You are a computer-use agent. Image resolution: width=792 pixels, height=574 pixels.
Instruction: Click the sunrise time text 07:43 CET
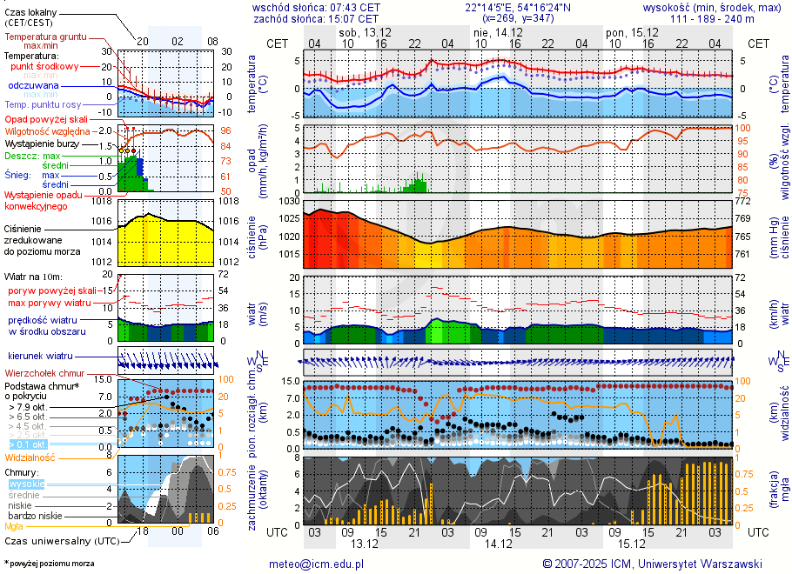click(352, 7)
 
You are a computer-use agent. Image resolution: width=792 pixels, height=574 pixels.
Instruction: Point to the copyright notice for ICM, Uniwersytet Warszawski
click(652, 564)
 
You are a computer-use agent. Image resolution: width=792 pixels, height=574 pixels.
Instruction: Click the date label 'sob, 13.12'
click(364, 31)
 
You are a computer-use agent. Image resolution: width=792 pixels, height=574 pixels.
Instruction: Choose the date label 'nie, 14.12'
click(493, 31)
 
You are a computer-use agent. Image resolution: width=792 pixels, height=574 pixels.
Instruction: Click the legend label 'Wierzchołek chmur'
click(43, 373)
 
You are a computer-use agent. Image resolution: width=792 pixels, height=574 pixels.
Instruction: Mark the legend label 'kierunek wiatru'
click(40, 357)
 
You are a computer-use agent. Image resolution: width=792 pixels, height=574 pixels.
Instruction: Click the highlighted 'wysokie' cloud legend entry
click(25, 484)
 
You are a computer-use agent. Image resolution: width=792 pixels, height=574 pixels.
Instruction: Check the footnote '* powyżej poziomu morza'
click(49, 564)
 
